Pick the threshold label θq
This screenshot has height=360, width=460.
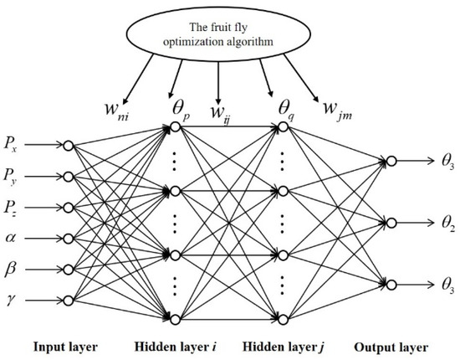pyautogui.click(x=279, y=107)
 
